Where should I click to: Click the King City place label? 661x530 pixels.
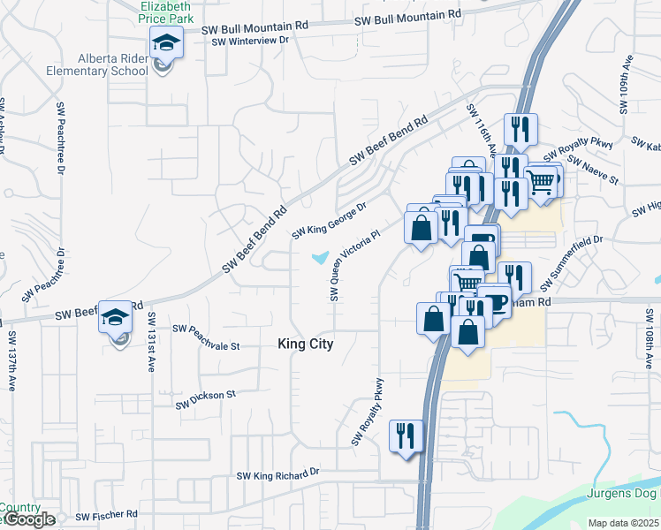tap(305, 344)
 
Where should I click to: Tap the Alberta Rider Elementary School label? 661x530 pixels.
tap(103, 64)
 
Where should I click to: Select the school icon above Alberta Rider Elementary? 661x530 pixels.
tap(164, 42)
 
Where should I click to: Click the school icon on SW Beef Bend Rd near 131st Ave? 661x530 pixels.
tap(115, 315)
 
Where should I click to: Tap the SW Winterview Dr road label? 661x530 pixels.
tap(245, 41)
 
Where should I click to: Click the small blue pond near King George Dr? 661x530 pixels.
tap(319, 258)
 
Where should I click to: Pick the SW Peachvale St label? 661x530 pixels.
tap(206, 337)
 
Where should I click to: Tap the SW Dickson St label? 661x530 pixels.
tap(206, 399)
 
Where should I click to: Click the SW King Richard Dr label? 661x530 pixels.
tap(277, 474)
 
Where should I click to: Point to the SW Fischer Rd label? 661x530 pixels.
tap(107, 515)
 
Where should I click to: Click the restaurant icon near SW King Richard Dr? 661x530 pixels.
tap(406, 435)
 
